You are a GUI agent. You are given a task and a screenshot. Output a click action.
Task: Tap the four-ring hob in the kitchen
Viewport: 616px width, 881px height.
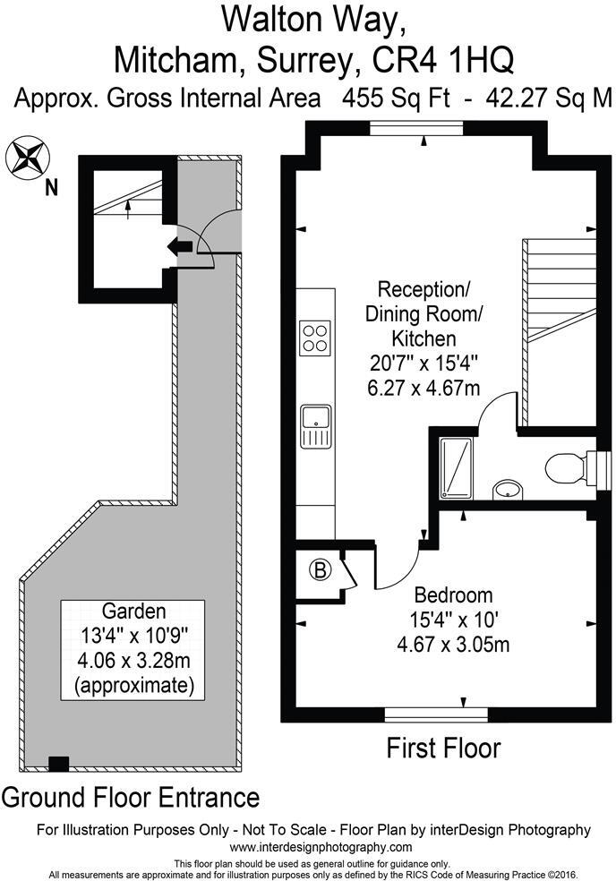click(315, 338)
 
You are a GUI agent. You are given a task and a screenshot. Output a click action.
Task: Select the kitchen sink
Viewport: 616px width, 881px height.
click(316, 424)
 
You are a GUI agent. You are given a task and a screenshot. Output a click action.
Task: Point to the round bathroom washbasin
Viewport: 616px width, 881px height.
click(507, 488)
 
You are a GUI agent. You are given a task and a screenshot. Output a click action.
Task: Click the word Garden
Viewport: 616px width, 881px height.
click(133, 612)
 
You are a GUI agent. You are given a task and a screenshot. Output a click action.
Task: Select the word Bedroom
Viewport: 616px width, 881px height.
click(453, 594)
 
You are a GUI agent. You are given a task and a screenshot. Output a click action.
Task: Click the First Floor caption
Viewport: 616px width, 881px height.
click(443, 748)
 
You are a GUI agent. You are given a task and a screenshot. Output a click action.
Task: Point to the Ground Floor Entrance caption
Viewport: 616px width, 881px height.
click(131, 796)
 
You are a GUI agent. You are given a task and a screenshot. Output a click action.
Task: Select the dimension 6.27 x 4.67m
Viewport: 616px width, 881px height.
click(423, 387)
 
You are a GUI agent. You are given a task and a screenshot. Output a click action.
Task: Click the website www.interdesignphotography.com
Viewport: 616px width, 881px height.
click(307, 847)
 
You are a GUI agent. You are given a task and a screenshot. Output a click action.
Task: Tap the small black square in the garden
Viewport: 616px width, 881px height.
click(58, 764)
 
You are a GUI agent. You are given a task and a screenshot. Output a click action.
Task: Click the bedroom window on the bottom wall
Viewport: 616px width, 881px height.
click(436, 714)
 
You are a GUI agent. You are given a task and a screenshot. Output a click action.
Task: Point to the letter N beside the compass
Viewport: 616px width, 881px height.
click(51, 187)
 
